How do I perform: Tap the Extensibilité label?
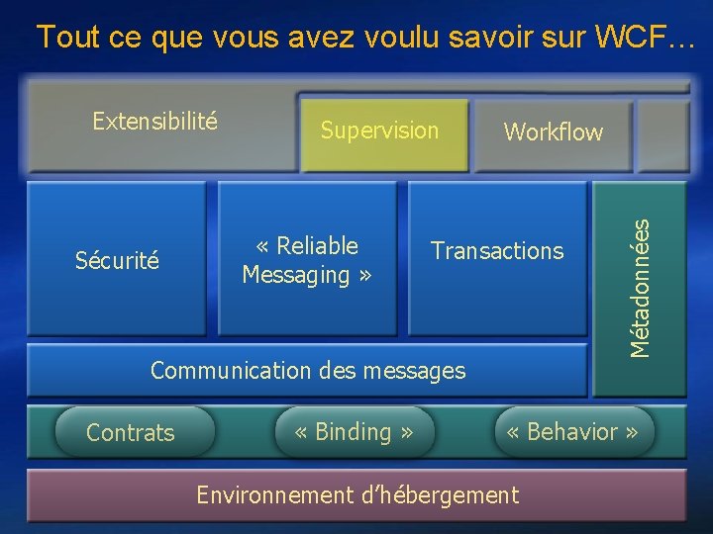154,121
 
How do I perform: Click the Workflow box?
553,132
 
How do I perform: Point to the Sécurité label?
117,261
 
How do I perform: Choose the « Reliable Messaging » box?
307,260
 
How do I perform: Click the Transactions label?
497,251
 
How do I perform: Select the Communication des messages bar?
307,371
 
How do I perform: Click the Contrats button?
131,432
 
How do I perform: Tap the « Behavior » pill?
573,432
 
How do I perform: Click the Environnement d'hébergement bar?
356,494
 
